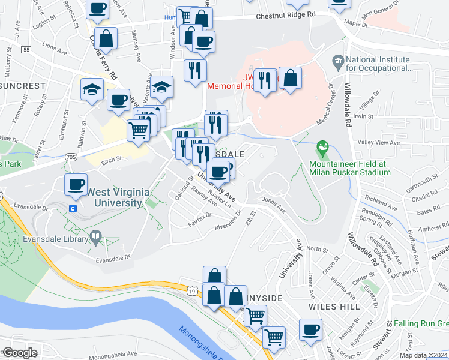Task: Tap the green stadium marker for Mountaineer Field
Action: pyautogui.click(x=323, y=147)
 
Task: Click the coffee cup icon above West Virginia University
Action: pyautogui.click(x=76, y=184)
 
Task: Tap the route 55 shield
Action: pyautogui.click(x=25, y=50)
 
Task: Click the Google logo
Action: pyautogui.click(x=20, y=353)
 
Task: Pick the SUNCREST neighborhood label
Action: pyautogui.click(x=23, y=86)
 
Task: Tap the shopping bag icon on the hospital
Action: pyautogui.click(x=290, y=78)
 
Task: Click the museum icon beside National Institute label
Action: pyautogui.click(x=337, y=61)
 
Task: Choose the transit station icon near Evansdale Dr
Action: pyautogui.click(x=73, y=208)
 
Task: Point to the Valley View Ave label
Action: pyautogui.click(x=378, y=143)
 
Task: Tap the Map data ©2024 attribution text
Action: pyautogui.click(x=423, y=355)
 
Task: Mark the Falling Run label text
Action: pyautogui.click(x=418, y=324)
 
